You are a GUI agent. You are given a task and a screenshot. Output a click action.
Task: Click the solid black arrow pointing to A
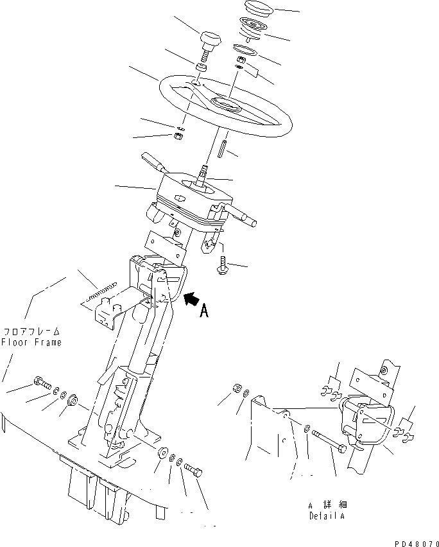(191, 299)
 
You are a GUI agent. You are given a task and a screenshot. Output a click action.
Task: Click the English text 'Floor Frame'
(31, 342)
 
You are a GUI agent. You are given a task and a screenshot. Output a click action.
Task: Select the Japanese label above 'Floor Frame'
(31, 331)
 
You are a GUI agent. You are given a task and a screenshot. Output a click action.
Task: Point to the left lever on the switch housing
(153, 161)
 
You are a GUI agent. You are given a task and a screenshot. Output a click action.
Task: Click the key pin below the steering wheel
(220, 149)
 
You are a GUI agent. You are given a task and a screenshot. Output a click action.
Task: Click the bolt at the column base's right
(193, 473)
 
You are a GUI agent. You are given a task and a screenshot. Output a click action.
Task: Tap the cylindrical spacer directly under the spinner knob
(202, 68)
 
